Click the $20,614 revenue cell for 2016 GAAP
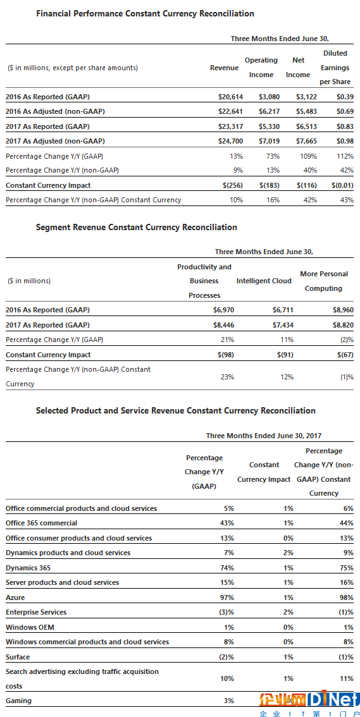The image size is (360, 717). tap(230, 97)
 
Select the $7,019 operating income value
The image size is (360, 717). tap(268, 141)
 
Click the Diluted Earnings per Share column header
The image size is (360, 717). tap(335, 68)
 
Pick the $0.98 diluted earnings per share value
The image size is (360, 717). tap(345, 141)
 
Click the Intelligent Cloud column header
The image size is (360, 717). tap(264, 281)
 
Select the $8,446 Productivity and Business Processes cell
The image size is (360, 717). tap(224, 324)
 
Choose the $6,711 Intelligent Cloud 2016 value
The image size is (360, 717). tap(283, 310)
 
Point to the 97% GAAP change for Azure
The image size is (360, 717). tap(227, 597)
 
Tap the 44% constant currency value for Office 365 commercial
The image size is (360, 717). tap(347, 523)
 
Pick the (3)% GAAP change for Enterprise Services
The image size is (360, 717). tap(225, 612)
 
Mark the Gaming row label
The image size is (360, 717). tap(19, 700)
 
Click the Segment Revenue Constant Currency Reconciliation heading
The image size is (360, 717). tap(136, 227)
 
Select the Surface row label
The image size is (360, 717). tap(17, 657)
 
